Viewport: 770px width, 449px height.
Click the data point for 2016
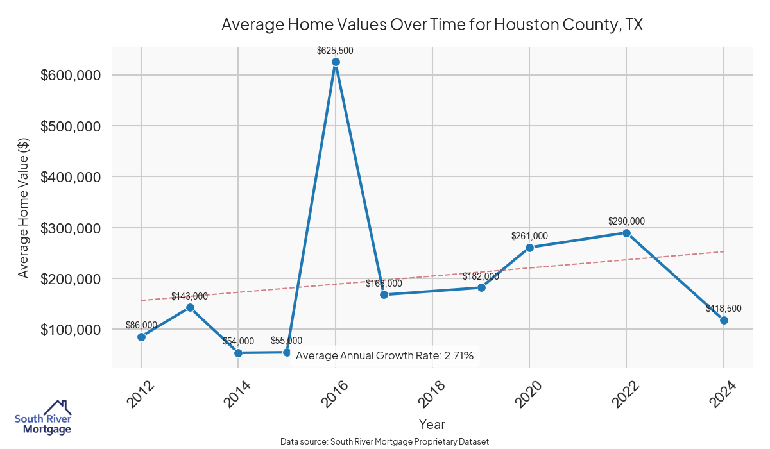(336, 62)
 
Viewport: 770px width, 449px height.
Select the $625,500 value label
(335, 50)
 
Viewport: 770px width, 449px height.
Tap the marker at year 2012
(141, 337)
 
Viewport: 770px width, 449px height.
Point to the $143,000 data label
(189, 296)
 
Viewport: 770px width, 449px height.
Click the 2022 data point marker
(626, 233)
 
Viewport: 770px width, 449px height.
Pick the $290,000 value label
(626, 221)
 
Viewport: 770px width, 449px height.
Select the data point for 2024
(724, 320)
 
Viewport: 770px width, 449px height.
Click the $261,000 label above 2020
(529, 236)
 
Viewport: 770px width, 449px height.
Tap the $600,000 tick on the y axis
(71, 75)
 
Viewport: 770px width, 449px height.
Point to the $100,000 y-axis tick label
(71, 330)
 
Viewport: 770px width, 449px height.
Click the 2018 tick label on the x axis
(433, 394)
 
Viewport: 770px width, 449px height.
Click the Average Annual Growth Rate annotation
(384, 355)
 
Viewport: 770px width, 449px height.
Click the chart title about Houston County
(432, 25)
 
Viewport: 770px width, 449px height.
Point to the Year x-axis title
(432, 425)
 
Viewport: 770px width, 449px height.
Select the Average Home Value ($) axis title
(24, 207)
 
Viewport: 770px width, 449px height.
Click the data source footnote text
(384, 442)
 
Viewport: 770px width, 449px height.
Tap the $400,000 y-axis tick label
(71, 177)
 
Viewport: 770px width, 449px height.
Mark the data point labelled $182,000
(481, 287)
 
